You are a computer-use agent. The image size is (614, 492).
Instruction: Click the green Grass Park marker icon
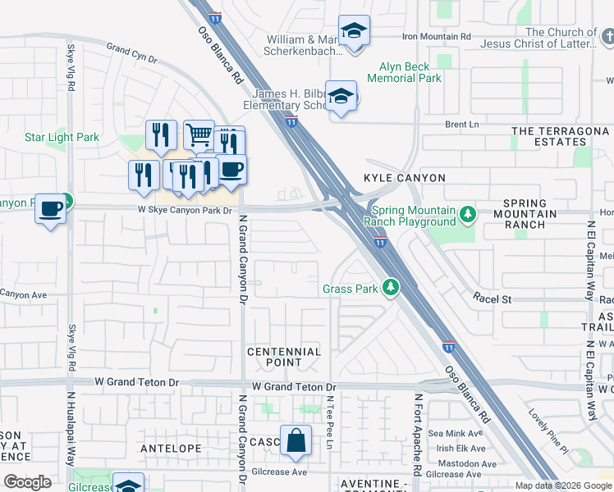coord(392,288)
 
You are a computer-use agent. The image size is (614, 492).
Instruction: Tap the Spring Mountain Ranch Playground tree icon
coord(468,215)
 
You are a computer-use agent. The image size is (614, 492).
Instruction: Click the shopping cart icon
coord(199,134)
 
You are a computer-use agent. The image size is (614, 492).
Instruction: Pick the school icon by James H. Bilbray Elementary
coord(341,97)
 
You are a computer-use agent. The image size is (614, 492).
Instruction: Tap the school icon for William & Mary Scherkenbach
coord(355,31)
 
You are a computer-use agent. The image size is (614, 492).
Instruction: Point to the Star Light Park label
coord(62,137)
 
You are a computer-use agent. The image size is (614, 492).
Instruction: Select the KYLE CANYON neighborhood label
coord(405,178)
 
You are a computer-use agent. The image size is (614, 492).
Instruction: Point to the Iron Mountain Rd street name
coord(436,36)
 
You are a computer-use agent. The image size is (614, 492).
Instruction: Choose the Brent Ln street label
coord(461,125)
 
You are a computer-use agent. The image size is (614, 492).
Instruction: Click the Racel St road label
coord(492,300)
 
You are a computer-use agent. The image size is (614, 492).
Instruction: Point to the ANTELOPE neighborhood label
coord(171,449)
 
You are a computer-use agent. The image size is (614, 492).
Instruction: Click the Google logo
coord(27,482)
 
